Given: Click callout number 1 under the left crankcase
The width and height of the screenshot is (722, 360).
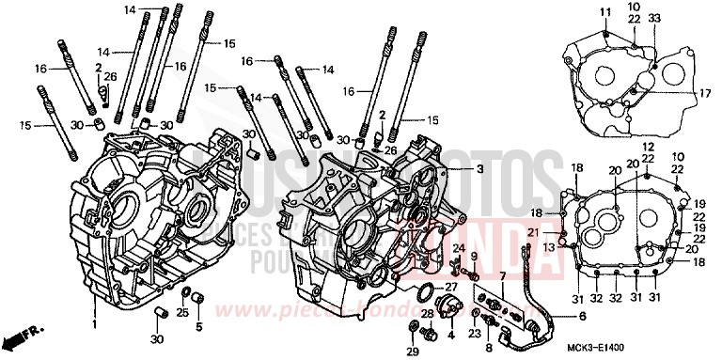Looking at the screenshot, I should point(95,323).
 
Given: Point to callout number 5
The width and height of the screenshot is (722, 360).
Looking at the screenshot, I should point(198,326).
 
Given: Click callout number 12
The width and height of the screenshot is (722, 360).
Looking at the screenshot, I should point(649,148).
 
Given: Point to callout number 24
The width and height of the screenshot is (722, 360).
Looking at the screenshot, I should point(459,247).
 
